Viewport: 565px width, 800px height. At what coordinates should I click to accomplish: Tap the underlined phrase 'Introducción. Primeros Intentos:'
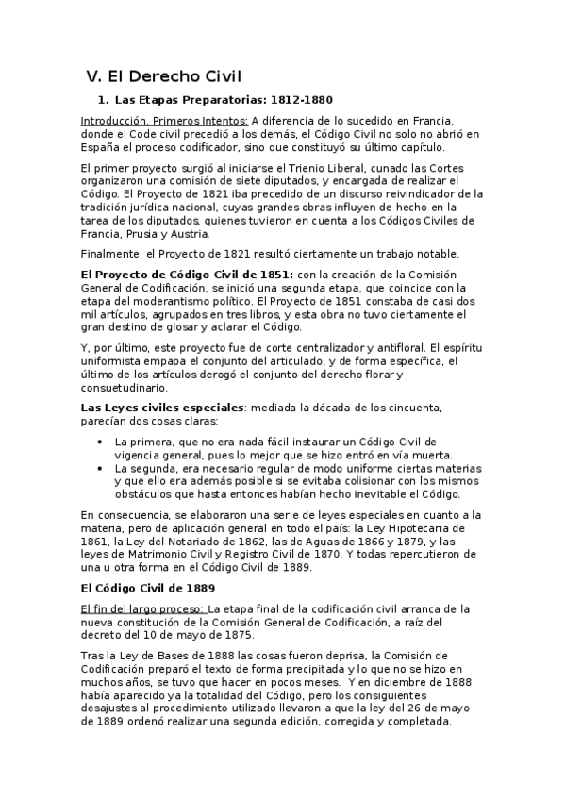tap(165, 121)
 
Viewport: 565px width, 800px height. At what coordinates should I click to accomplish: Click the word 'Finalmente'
tap(111, 254)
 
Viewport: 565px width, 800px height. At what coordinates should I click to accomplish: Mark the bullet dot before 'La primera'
tap(101, 442)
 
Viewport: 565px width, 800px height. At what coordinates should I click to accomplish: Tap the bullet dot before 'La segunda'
tap(101, 468)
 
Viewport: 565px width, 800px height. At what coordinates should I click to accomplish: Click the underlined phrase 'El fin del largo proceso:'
tap(142, 608)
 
